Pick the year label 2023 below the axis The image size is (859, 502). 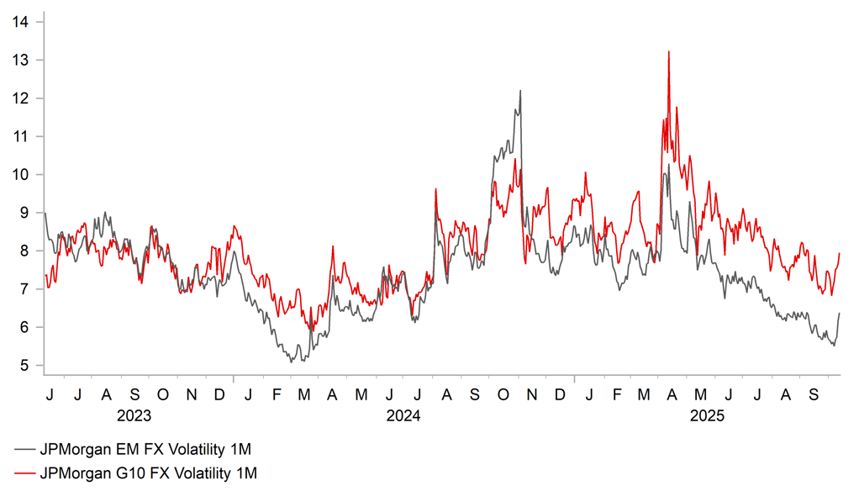134,415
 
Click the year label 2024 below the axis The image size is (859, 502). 404,415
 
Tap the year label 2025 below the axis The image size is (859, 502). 706,415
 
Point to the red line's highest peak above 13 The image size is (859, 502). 668,52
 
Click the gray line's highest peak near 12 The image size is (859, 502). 520,91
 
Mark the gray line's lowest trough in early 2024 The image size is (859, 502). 291,362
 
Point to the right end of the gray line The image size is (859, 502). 840,313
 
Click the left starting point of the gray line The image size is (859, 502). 44,214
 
